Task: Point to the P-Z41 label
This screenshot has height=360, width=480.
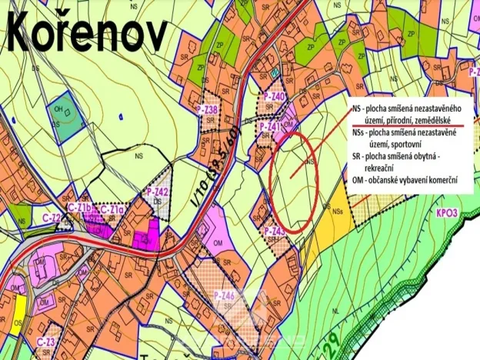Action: pos(269,126)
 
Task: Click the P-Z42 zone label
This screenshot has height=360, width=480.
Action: pos(157,192)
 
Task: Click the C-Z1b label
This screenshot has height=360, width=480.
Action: pos(80,208)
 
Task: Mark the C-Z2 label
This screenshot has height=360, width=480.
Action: pos(52,218)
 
